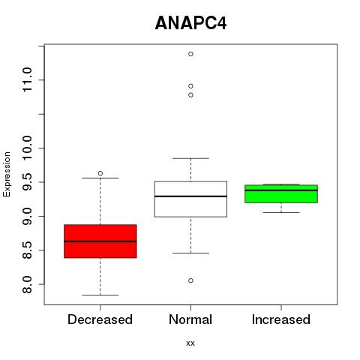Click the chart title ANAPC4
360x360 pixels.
click(190, 23)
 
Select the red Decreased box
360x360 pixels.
click(100, 241)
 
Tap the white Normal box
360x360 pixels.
click(190, 199)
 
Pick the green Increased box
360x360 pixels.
click(281, 193)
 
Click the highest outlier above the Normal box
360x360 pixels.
click(190, 54)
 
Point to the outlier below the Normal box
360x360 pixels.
click(190, 280)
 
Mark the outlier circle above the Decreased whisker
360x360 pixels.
click(100, 173)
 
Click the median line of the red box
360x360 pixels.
click(100, 241)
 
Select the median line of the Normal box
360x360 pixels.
click(190, 196)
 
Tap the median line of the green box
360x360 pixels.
click(281, 190)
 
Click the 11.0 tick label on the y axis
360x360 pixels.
click(27, 79)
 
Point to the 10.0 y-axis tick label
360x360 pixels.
click(27, 148)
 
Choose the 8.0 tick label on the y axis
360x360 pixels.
click(27, 284)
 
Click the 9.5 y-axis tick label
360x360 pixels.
click(27, 182)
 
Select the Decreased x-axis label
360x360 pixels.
click(100, 319)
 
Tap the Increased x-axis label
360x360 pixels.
click(281, 319)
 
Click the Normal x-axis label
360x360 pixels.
click(190, 319)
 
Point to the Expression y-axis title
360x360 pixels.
click(7, 174)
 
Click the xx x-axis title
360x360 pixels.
click(190, 343)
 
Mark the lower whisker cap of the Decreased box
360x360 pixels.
click(100, 295)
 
